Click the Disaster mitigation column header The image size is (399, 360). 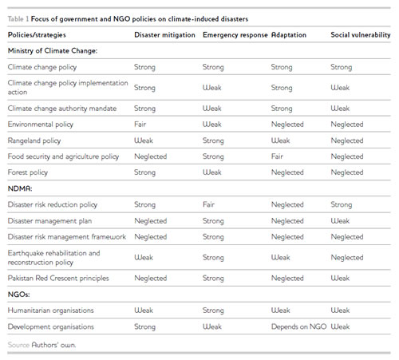164,35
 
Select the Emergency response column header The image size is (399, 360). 235,35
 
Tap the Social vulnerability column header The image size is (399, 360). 361,35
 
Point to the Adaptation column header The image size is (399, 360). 289,35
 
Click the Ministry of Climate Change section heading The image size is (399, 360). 53,51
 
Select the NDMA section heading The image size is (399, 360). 20,188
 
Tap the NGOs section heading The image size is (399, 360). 18,295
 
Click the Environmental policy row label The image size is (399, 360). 41,125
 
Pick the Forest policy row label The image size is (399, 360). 28,172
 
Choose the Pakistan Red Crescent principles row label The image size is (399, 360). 58,279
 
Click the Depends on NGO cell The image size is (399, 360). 298,326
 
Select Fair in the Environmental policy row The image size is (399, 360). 140,125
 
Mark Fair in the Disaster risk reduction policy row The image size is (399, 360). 208,204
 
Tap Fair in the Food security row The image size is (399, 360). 277,156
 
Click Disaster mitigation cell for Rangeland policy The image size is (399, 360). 144,140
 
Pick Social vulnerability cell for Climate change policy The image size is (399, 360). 342,67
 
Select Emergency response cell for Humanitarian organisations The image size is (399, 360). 213,311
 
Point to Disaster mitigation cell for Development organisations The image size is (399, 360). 144,326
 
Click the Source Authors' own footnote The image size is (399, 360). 41,345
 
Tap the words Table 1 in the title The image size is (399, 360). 18,19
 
